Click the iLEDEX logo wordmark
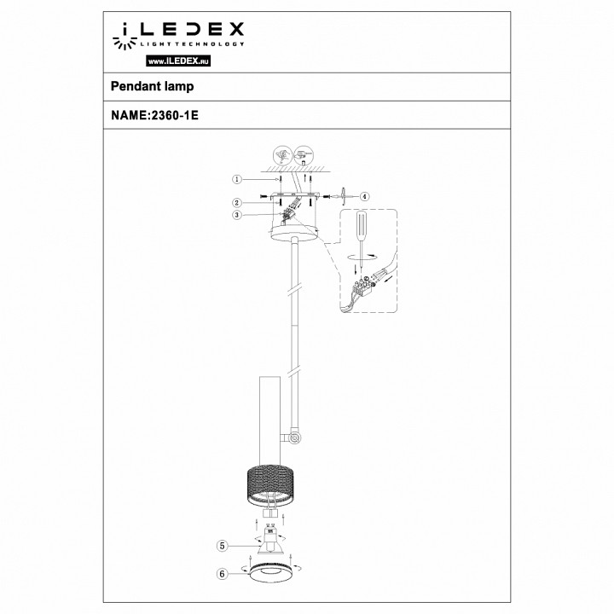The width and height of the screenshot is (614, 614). [x=179, y=32]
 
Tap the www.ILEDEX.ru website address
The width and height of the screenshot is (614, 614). [x=179, y=62]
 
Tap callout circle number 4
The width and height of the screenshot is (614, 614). [x=364, y=196]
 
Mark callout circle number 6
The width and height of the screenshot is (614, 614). [x=222, y=575]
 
